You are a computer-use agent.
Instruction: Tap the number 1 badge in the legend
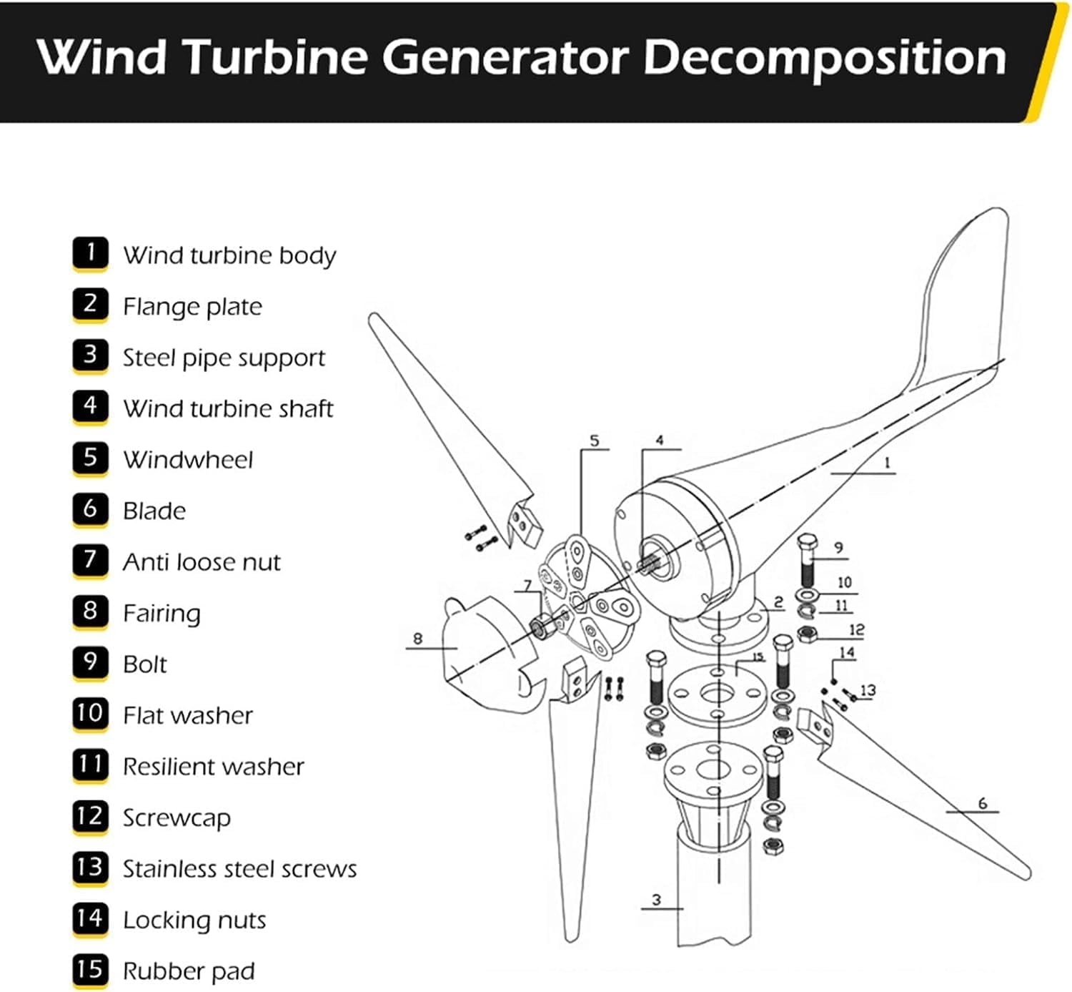point(90,253)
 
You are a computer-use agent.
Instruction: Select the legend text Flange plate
point(192,307)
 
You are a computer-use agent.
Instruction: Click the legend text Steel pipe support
point(224,358)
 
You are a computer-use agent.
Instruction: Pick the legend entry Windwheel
point(188,460)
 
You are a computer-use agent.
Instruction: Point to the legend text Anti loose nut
point(202,562)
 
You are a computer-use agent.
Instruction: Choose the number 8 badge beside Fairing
point(90,612)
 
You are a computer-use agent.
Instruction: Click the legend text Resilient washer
point(213,767)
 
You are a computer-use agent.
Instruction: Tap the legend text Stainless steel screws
point(239,869)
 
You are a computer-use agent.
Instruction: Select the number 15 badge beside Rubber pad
point(90,970)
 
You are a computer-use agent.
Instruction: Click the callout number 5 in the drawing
point(595,441)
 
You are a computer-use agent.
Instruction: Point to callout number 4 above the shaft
point(659,441)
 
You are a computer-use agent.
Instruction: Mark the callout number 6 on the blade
point(983,803)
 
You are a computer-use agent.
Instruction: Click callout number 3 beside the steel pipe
point(656,900)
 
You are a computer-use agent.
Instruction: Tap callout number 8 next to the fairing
point(418,638)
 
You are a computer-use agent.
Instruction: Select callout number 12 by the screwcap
point(856,629)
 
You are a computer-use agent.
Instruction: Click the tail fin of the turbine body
point(961,300)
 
